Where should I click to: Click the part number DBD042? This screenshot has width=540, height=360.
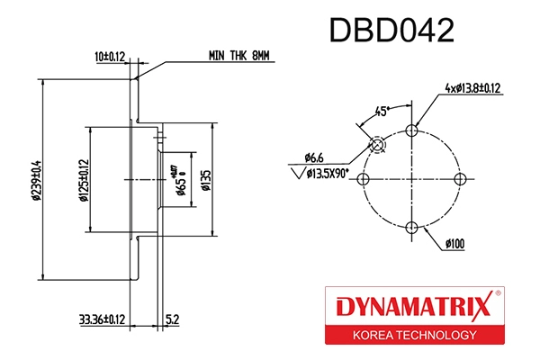pos(391,31)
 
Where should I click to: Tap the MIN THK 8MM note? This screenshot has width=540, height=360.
pos(238,56)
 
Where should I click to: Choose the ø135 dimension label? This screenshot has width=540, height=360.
pos(205,179)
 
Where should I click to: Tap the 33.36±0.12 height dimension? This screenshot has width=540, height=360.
pos(101,318)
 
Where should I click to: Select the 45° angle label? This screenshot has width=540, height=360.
pos(382,112)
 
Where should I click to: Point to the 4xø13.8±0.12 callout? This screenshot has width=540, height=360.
pos(472,88)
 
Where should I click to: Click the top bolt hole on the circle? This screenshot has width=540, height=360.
pos(412,130)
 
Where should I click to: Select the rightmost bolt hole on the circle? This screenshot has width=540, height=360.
pos(461,179)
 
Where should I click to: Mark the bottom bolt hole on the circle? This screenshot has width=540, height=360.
pos(412,227)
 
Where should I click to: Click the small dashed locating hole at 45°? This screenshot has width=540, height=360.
pos(378,145)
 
